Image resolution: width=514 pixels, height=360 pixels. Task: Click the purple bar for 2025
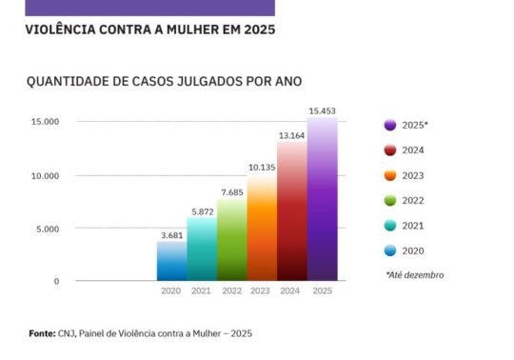pos(322,200)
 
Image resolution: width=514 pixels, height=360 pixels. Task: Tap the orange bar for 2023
pos(262,229)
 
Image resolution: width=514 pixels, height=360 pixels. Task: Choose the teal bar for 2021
pos(201,250)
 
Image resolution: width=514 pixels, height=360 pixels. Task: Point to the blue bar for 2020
pos(171,261)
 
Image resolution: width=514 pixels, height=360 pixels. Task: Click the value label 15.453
pos(322,111)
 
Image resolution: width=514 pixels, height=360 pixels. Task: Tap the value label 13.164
pos(292,135)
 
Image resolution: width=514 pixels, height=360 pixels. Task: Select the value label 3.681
pos(171,234)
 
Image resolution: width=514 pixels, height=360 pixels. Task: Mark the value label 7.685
pos(231,191)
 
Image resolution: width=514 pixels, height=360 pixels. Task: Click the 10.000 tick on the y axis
pos(44,176)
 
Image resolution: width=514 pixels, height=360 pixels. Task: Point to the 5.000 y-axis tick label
pos(46,229)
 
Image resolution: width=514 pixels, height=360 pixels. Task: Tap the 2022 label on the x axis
pos(231,291)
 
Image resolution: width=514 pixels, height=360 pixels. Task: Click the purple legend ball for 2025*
pos(390,125)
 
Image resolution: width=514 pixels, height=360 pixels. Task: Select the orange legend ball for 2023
pos(390,175)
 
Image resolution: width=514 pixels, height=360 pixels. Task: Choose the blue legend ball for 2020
pos(390,250)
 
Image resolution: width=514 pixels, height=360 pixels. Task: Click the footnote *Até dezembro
pos(414,275)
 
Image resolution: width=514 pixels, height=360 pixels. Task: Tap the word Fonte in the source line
pos(42,333)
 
